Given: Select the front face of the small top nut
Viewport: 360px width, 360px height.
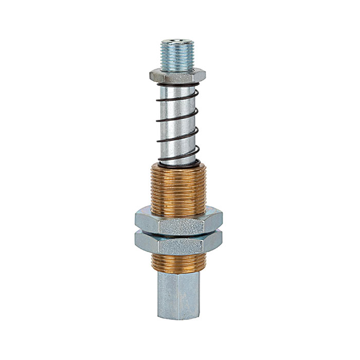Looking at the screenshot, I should coord(176,76).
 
